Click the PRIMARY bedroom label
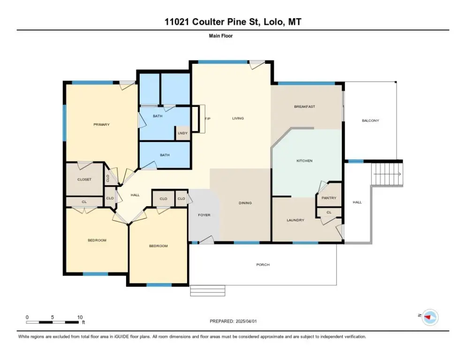coord(102,125)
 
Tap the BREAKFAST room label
coord(305,106)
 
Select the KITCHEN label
coord(304,161)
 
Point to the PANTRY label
coord(329,198)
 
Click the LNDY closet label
coord(183,133)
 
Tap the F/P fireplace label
coord(208,119)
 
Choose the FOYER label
coord(204,215)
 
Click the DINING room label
coord(245,203)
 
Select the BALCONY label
coord(370,120)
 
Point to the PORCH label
coord(263,264)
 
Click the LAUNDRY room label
coord(295,220)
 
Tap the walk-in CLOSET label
coord(84,180)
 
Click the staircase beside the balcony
coord(387,174)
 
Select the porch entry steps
coord(208,291)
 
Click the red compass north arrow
coord(428,317)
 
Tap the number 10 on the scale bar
coord(80,317)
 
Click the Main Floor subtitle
coord(221,36)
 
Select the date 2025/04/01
coord(246,322)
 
